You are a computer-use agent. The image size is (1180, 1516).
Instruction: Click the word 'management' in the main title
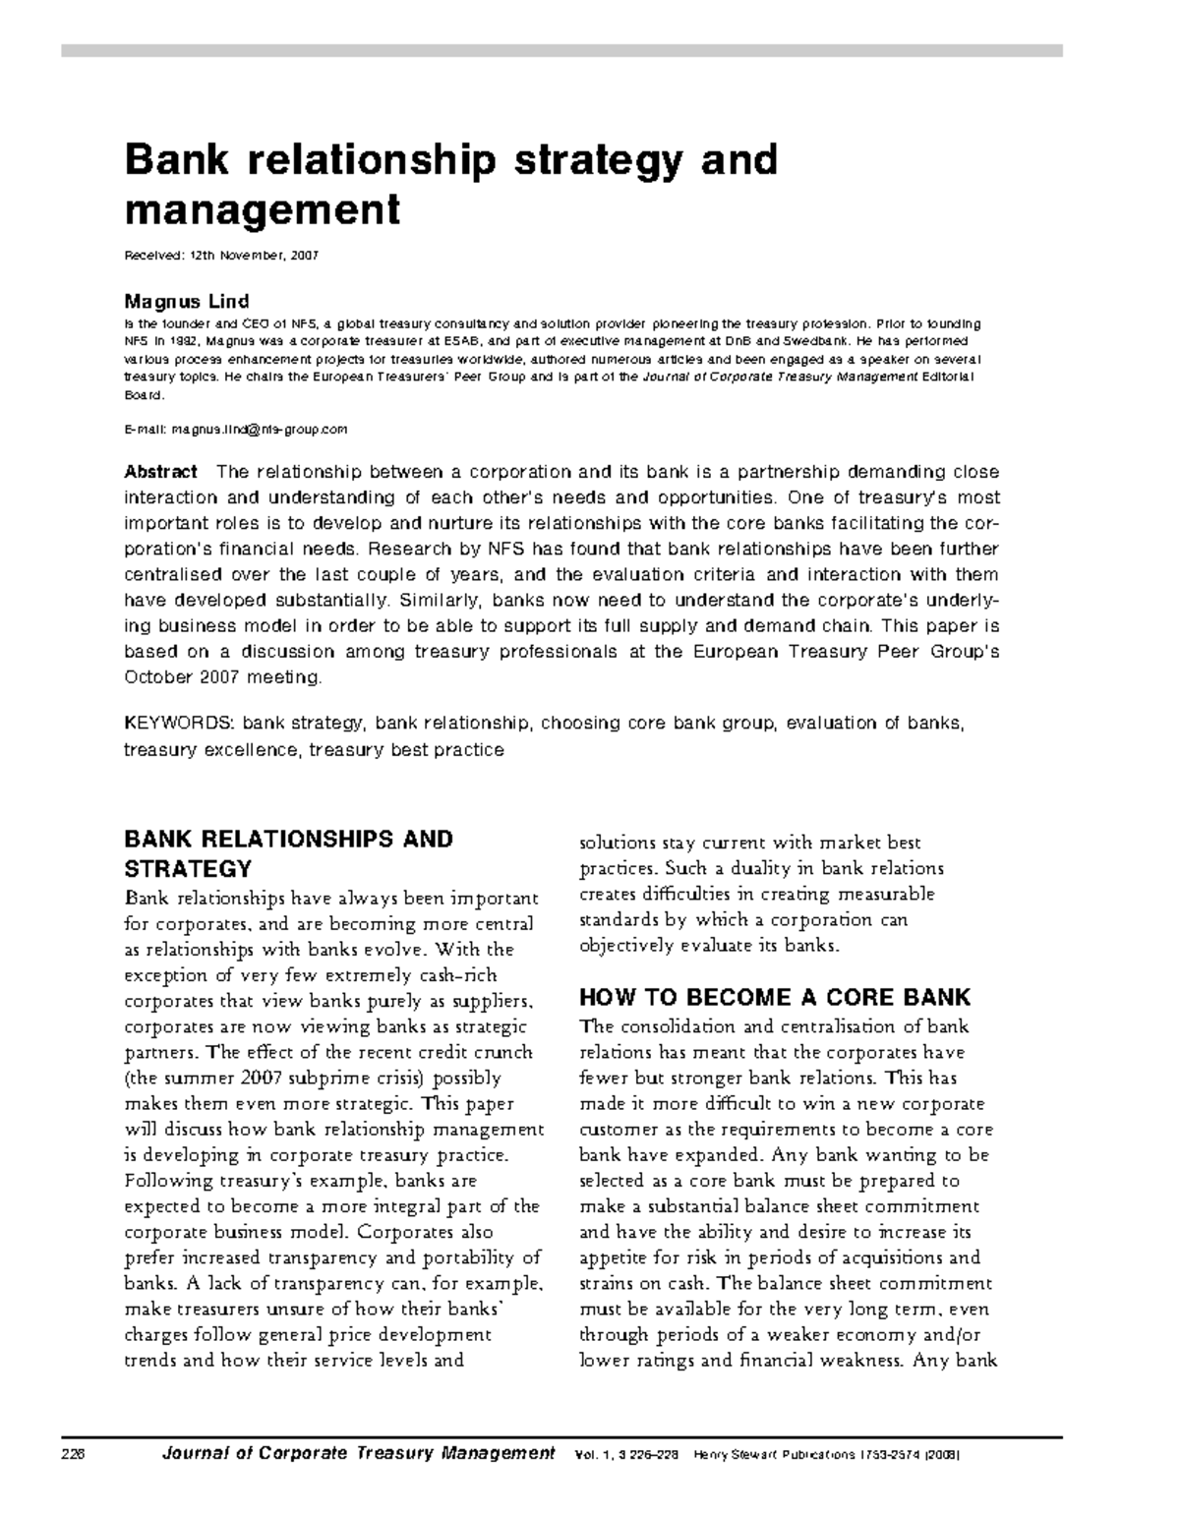point(262,210)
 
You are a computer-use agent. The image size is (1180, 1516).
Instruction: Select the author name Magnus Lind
point(186,301)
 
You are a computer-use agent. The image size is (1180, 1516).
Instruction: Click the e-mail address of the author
point(260,430)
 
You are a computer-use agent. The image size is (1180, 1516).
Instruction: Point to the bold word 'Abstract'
point(160,472)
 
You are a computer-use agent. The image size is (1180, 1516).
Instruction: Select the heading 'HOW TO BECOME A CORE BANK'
point(774,998)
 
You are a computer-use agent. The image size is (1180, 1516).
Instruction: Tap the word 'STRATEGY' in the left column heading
point(187,869)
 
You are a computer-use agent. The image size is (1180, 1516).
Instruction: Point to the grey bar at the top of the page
point(561,50)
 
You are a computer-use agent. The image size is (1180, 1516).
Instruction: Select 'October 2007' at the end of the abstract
point(183,677)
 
